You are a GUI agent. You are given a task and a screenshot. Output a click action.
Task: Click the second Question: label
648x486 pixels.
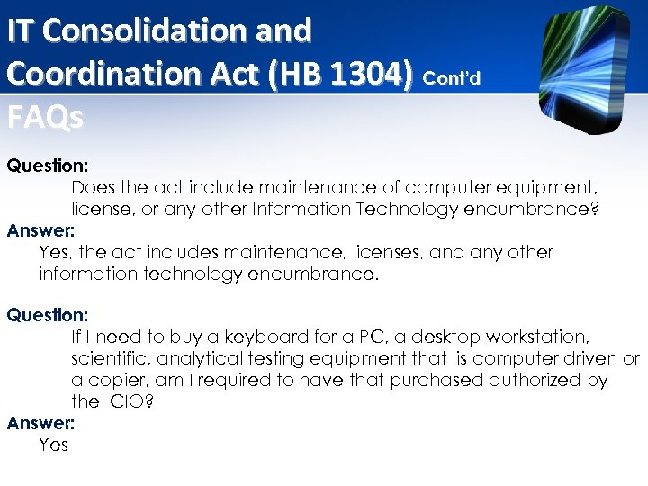tap(47, 316)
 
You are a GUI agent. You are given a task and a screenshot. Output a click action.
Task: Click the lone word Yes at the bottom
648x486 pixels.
tap(54, 444)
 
